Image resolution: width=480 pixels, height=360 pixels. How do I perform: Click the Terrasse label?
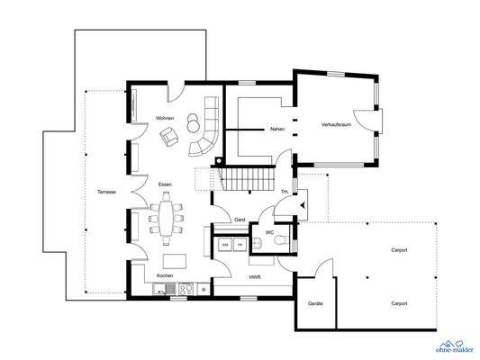[x=106, y=192]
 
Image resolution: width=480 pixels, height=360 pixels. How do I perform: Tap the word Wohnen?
[x=165, y=118]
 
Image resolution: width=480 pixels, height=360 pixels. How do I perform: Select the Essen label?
[x=165, y=184]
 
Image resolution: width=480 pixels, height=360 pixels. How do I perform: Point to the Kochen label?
[x=165, y=275]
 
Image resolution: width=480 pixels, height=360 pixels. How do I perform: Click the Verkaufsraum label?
[x=336, y=125]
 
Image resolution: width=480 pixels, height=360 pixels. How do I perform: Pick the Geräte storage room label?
[x=315, y=303]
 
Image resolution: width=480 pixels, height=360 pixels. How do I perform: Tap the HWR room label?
[x=255, y=277]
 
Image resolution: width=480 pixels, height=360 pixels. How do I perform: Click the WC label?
[x=269, y=233]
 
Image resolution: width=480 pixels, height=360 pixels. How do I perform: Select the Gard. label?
[x=240, y=220]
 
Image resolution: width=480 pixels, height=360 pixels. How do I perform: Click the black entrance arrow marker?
[x=303, y=205]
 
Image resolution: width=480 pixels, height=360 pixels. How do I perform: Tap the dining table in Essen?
[x=166, y=218]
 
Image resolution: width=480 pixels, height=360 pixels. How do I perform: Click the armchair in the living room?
[x=168, y=137]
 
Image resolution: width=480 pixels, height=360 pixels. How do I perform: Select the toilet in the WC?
[x=281, y=240]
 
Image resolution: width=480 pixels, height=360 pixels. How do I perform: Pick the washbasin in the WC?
[x=257, y=242]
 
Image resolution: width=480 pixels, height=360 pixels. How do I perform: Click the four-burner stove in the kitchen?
[x=186, y=289]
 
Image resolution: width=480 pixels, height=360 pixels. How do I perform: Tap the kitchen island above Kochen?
[x=175, y=261]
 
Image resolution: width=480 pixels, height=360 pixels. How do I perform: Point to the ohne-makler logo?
[x=454, y=346]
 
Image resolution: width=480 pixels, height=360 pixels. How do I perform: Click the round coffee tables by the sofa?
[x=193, y=123]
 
